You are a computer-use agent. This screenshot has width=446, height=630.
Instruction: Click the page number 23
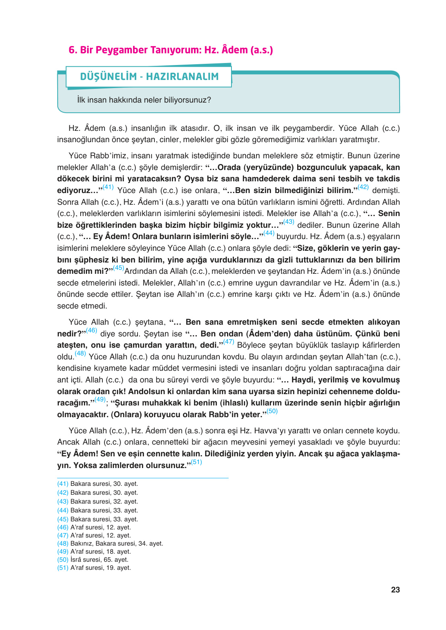[395, 590]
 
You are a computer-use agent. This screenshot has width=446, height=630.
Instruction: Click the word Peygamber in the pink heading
[122, 50]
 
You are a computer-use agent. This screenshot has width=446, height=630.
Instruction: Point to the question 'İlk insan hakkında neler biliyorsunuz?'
[144, 100]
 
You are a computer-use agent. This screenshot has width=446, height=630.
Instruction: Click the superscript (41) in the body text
[108, 187]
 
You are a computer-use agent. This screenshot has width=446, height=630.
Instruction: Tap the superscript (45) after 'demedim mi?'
[119, 268]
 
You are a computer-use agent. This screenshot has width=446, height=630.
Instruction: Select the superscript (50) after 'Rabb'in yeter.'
[272, 411]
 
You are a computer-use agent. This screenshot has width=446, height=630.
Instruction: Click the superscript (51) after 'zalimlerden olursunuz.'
[196, 462]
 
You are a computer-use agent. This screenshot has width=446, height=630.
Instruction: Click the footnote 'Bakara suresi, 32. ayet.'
[104, 502]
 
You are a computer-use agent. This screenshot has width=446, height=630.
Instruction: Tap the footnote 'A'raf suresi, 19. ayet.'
[100, 568]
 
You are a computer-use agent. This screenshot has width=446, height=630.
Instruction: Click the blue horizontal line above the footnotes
[143, 478]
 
